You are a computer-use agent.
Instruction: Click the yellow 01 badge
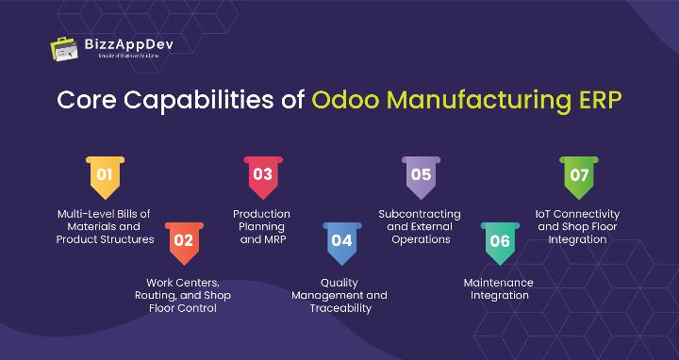105,175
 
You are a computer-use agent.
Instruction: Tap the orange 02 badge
183,240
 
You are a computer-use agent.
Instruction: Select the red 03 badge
262,175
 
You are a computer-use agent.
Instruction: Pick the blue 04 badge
341,240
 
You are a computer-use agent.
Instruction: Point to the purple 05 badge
421,175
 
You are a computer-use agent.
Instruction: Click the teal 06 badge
500,240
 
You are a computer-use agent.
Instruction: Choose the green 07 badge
579,175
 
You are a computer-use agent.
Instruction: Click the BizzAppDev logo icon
65,48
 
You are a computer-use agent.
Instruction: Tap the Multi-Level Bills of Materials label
105,226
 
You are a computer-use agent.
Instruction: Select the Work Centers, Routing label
183,295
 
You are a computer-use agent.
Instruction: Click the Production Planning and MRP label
262,226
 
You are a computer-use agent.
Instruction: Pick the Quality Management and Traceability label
341,295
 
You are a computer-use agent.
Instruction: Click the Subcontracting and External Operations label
421,226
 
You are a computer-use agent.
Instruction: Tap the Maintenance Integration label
499,288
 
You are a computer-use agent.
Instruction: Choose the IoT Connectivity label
579,226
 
